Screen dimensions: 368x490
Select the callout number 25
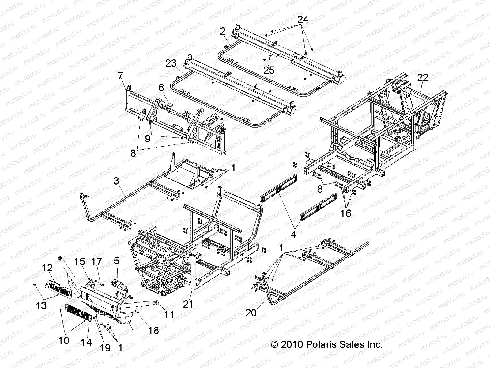pyautogui.click(x=269, y=70)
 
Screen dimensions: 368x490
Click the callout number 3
pyautogui.click(x=116, y=181)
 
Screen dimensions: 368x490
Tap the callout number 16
pyautogui.click(x=345, y=213)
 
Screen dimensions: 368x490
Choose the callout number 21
pyautogui.click(x=188, y=304)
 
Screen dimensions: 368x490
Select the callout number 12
pyautogui.click(x=47, y=268)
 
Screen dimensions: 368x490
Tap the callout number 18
pyautogui.click(x=154, y=330)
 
